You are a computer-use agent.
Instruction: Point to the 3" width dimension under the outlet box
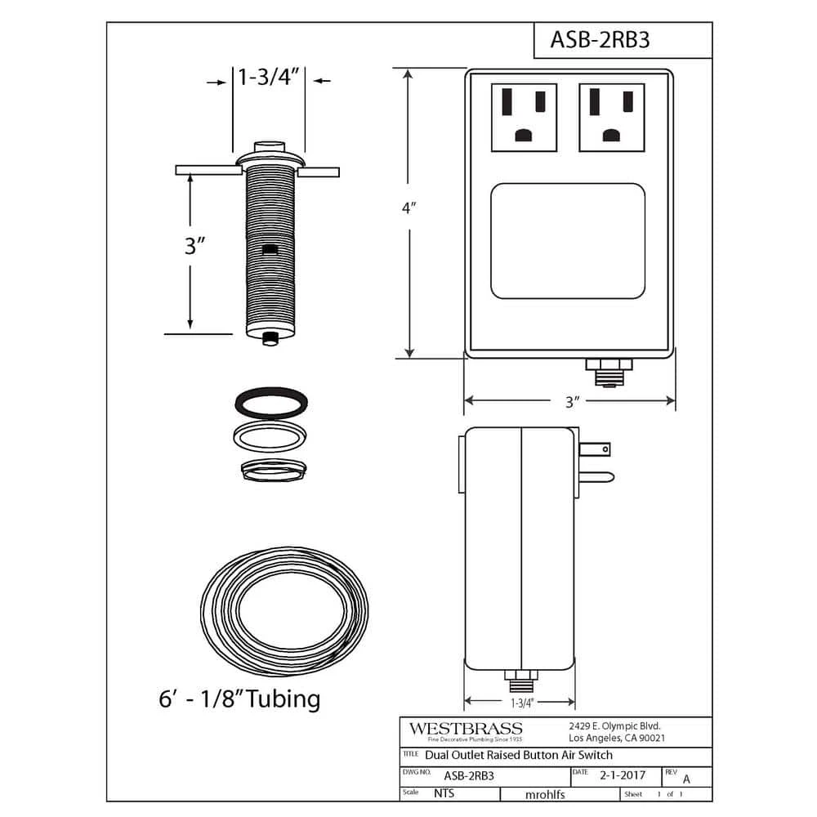click(571, 401)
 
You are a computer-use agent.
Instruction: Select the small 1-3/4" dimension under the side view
click(521, 703)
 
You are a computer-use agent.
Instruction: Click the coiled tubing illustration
click(283, 611)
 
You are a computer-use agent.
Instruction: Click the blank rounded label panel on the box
click(568, 241)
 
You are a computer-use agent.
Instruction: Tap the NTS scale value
click(444, 793)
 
